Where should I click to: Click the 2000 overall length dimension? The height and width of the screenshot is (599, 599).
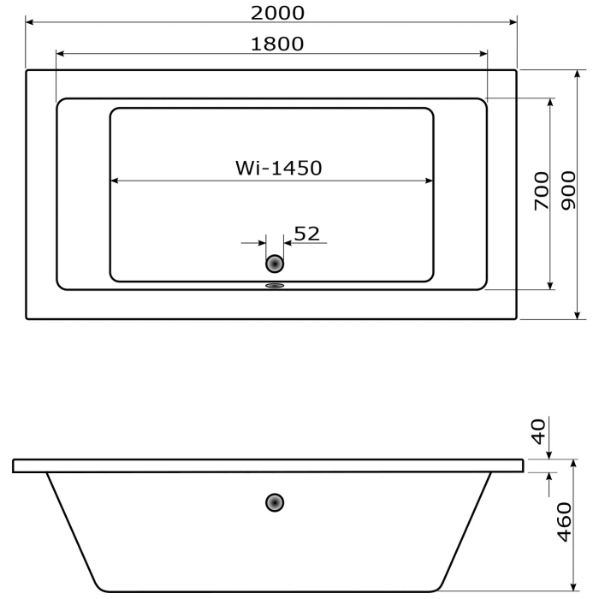click(x=278, y=12)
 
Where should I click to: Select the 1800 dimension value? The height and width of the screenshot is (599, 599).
click(x=277, y=44)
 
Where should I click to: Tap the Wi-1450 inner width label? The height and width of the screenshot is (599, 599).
click(x=279, y=169)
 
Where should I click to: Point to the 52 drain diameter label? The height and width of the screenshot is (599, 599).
click(x=306, y=233)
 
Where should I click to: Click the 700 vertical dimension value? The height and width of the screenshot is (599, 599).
click(x=541, y=191)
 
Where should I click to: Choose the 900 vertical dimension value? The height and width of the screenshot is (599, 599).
click(x=567, y=190)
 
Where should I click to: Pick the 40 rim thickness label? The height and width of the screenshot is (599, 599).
click(x=538, y=430)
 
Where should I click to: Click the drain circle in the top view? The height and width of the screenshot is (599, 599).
click(x=275, y=264)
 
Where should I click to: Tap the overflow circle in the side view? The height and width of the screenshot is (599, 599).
click(x=275, y=502)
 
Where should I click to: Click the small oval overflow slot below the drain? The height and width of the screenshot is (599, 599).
click(x=275, y=287)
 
